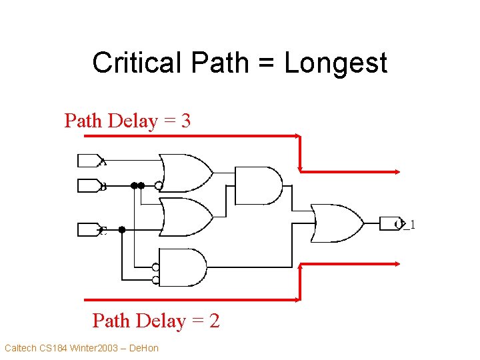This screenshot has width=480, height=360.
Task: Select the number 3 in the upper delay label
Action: pos(185,121)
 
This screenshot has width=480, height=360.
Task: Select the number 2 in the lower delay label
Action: pos(213,321)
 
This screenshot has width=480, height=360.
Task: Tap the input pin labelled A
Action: pos(88,161)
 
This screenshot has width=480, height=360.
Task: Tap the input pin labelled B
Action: pos(88,185)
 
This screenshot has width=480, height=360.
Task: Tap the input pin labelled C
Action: pos(88,229)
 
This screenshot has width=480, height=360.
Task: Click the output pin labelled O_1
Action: pos(389,223)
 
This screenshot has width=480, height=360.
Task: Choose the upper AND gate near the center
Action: pos(259,185)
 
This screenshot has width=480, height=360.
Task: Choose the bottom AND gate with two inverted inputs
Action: pos(183,267)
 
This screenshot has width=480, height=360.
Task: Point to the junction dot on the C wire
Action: pos(122,229)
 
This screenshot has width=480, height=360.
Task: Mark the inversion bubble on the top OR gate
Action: pos(159,185)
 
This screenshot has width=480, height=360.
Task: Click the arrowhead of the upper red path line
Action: pos(398,171)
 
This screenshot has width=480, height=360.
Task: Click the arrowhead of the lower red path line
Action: pos(398,265)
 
